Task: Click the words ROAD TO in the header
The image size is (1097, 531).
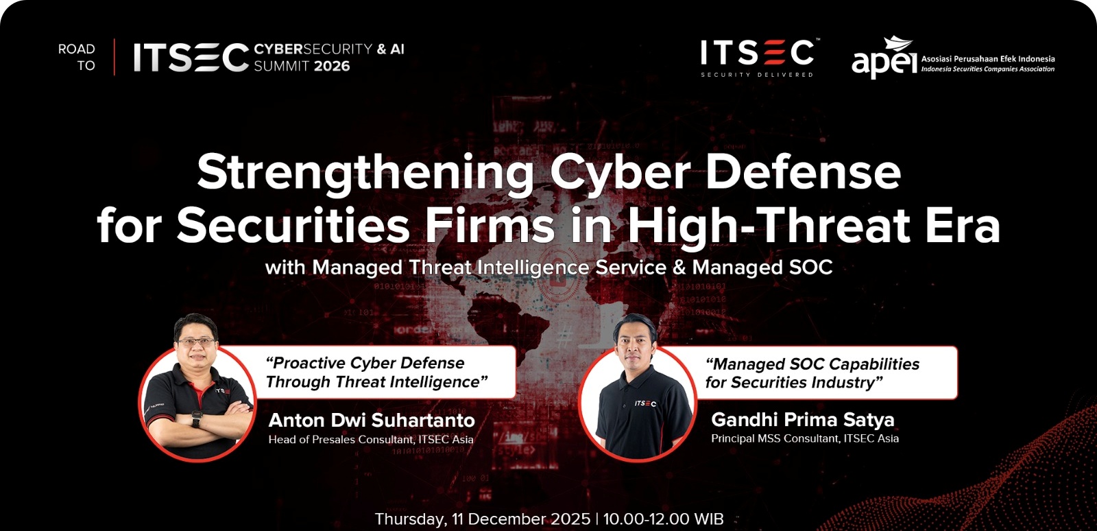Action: [x=76, y=58]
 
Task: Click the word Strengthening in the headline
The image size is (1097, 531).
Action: [x=365, y=173]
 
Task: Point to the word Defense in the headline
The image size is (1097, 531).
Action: [x=803, y=172]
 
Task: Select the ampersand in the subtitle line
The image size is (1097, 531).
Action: [x=679, y=268]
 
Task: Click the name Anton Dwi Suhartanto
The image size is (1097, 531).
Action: [x=372, y=421]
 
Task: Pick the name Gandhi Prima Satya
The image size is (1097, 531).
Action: [x=803, y=419]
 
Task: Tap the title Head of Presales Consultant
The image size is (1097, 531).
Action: [x=341, y=439]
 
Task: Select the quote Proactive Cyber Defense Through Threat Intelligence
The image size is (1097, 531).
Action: [x=376, y=373]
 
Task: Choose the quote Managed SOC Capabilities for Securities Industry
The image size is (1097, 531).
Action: [x=812, y=373]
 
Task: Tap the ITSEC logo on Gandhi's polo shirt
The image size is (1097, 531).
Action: [x=645, y=403]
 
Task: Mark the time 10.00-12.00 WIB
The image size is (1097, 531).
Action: [x=663, y=519]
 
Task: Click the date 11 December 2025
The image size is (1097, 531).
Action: [x=521, y=519]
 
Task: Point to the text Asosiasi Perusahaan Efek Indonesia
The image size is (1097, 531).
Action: [x=988, y=59]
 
